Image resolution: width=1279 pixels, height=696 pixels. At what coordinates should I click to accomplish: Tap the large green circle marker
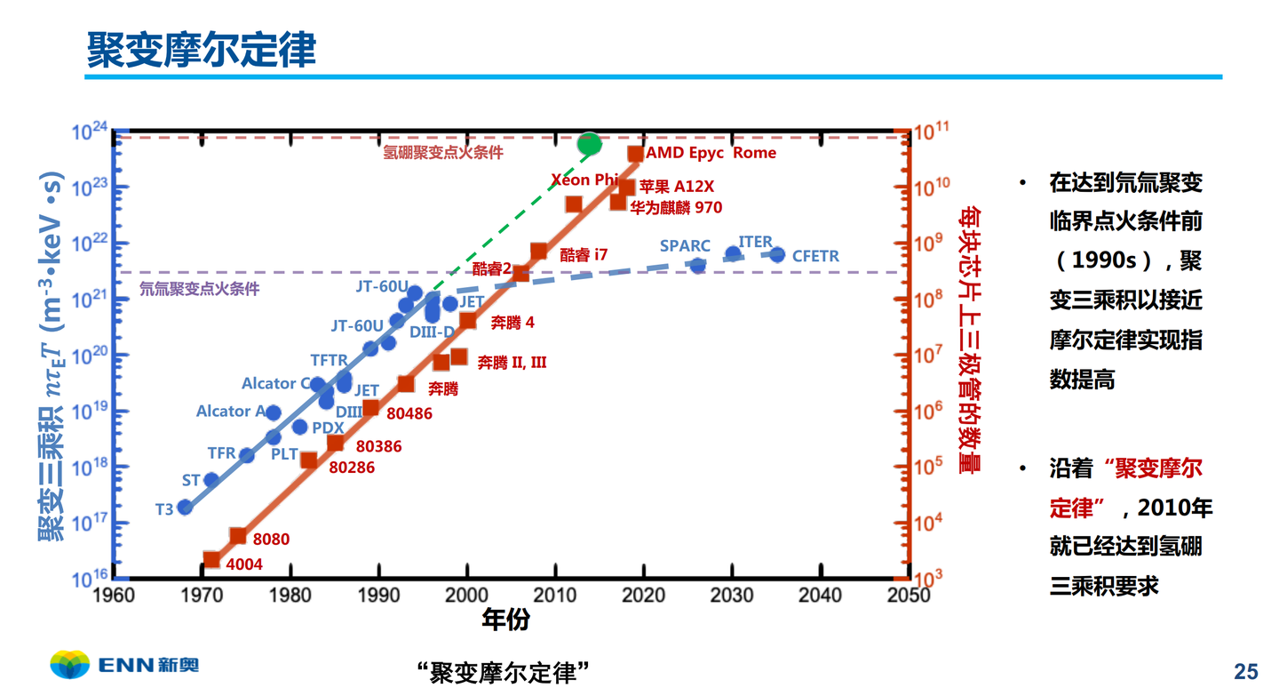pyautogui.click(x=589, y=143)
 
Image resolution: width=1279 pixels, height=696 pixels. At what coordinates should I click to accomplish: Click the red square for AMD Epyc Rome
pyautogui.click(x=635, y=154)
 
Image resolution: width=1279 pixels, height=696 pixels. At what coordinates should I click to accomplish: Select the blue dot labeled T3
pyautogui.click(x=185, y=507)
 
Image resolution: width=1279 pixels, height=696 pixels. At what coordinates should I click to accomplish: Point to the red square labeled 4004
pyautogui.click(x=211, y=560)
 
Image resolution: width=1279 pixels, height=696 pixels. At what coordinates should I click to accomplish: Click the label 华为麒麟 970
pyautogui.click(x=676, y=207)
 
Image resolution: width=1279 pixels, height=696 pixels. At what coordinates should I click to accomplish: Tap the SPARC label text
pyautogui.click(x=685, y=245)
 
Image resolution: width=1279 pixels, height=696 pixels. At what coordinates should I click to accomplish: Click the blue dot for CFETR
pyautogui.click(x=777, y=255)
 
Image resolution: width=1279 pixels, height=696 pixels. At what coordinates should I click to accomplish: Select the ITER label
pyautogui.click(x=755, y=242)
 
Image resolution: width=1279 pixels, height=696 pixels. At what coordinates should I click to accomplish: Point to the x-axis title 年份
pyautogui.click(x=505, y=620)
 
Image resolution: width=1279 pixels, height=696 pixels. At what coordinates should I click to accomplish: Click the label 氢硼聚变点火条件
pyautogui.click(x=443, y=153)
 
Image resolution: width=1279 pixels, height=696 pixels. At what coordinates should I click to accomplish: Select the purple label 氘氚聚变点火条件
pyautogui.click(x=200, y=289)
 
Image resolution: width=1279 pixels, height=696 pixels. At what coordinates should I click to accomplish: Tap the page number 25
pyautogui.click(x=1246, y=670)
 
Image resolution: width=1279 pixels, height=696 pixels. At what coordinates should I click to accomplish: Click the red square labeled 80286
pyautogui.click(x=309, y=460)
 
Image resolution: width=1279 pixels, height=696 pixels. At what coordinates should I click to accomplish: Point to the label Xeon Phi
pyautogui.click(x=584, y=180)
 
